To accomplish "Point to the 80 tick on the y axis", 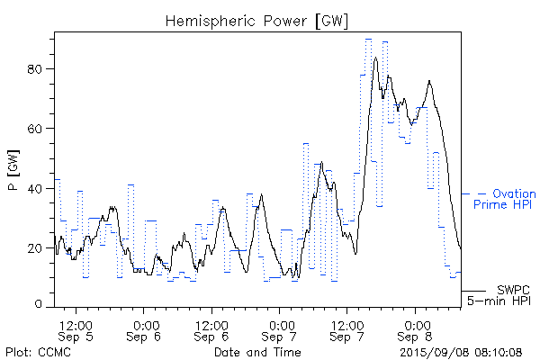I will click(39, 69).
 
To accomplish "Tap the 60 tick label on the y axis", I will click(39, 129).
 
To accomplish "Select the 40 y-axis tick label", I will click(39, 188).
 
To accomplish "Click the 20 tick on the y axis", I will click(39, 247).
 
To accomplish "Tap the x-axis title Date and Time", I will click(257, 351).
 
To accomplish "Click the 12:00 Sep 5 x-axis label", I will click(76, 329).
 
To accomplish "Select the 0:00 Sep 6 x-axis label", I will click(144, 329).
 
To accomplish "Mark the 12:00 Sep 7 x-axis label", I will click(347, 329).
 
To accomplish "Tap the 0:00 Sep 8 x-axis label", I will click(416, 329).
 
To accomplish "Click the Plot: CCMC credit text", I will click(38, 351).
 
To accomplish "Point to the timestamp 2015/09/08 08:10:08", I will click(462, 351).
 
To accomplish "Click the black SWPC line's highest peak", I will click(375, 58).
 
